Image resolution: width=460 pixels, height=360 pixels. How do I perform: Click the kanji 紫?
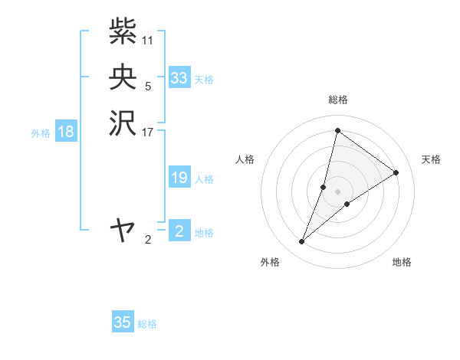pyautogui.click(x=123, y=31)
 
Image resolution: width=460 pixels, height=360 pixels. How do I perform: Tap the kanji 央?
pyautogui.click(x=123, y=77)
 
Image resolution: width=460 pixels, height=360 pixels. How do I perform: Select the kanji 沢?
pyautogui.click(x=123, y=123)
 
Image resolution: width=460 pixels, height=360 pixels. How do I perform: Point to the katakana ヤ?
pyautogui.click(x=123, y=229)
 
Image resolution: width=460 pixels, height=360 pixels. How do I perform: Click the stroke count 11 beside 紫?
pyautogui.click(x=148, y=40)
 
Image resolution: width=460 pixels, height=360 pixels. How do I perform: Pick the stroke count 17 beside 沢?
pyautogui.click(x=148, y=132)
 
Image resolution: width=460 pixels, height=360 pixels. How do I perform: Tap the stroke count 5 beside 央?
pyautogui.click(x=148, y=86)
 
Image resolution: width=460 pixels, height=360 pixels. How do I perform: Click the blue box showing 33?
pyautogui.click(x=179, y=78)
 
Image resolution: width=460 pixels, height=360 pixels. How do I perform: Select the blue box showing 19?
pyautogui.click(x=179, y=178)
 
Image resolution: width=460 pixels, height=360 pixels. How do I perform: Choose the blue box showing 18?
pyautogui.click(x=66, y=132)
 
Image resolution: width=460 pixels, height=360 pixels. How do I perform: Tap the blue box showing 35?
pyautogui.click(x=123, y=322)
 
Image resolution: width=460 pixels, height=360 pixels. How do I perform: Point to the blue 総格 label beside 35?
pyautogui.click(x=147, y=324)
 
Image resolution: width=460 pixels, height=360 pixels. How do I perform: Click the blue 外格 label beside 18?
pyautogui.click(x=41, y=133)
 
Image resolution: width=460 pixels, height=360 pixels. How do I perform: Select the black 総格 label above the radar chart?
pyautogui.click(x=337, y=100)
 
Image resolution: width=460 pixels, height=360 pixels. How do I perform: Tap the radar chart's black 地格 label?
pyautogui.click(x=402, y=263)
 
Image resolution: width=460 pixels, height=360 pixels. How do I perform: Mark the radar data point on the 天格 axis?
pyautogui.click(x=396, y=172)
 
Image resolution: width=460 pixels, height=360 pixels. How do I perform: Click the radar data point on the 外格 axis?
pyautogui.click(x=302, y=242)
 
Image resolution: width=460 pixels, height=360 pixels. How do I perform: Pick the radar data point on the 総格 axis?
pyautogui.click(x=337, y=130)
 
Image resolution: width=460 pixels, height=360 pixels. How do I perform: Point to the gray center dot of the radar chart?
pyautogui.click(x=337, y=191)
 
